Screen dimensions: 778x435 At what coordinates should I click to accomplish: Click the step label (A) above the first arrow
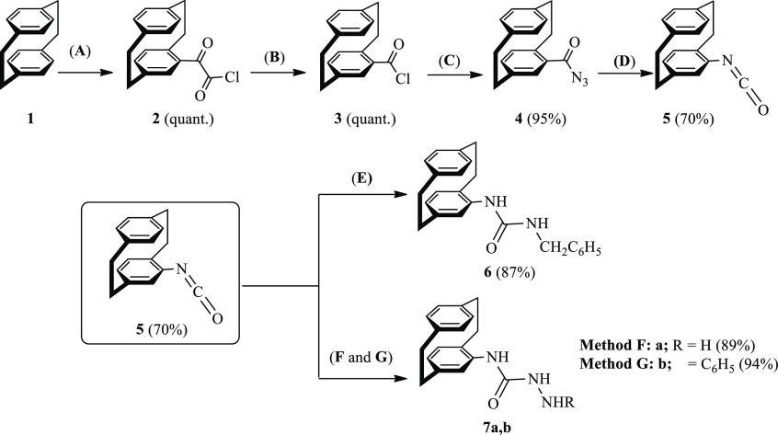click(80, 52)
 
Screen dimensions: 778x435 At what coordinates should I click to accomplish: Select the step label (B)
click(274, 58)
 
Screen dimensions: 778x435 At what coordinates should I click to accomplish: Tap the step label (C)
click(450, 61)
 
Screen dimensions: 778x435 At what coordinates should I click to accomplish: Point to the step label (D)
click(624, 62)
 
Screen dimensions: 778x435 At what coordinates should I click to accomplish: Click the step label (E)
click(361, 178)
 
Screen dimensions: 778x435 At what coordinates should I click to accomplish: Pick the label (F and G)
click(360, 357)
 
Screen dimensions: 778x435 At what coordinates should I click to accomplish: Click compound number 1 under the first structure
click(30, 119)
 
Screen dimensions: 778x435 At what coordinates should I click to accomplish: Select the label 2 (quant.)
click(183, 119)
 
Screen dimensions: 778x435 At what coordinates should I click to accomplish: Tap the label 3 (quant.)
click(365, 119)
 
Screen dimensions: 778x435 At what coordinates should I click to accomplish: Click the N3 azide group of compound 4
click(578, 79)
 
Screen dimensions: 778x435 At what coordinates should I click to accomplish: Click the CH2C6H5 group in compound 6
click(569, 248)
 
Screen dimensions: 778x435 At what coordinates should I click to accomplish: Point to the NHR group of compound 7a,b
click(557, 402)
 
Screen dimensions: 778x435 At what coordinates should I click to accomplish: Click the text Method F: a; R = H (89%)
click(668, 345)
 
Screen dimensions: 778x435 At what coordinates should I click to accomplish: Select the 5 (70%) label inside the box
click(161, 329)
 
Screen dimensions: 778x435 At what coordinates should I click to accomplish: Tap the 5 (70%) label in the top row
click(688, 119)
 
